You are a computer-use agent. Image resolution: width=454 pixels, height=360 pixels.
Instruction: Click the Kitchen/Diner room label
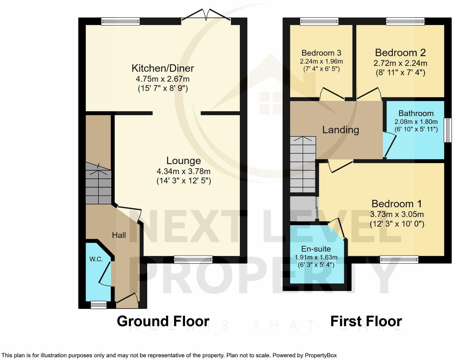coord(163,68)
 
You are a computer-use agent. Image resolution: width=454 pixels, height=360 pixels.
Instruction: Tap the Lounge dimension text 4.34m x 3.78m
coord(183,171)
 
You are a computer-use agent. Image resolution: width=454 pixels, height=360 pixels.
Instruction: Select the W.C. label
coord(96,259)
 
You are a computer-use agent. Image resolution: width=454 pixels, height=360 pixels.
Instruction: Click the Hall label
coord(119,235)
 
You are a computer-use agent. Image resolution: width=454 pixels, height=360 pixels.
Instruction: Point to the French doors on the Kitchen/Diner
coord(206,16)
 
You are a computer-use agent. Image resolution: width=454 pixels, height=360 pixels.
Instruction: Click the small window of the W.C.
coord(99,305)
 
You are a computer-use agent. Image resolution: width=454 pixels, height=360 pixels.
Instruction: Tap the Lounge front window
coord(193,259)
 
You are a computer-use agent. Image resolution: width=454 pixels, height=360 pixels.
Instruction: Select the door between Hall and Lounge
coord(129,212)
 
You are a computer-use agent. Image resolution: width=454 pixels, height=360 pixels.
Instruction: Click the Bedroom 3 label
coord(321,53)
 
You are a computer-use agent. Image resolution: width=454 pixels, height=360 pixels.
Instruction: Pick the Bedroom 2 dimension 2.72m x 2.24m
coord(400,63)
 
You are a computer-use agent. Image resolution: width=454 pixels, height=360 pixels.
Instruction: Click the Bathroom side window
coord(447,130)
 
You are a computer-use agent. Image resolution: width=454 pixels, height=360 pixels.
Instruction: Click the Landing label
coord(340,130)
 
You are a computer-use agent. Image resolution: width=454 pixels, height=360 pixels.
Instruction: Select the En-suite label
coord(316,249)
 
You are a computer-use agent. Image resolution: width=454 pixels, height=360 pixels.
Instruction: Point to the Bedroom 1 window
coord(399,259)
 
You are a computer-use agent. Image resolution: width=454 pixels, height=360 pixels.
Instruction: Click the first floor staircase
coord(302,165)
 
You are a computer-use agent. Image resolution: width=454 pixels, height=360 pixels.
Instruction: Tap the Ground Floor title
coord(163,321)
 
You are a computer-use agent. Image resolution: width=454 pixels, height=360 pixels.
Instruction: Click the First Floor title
coord(366,321)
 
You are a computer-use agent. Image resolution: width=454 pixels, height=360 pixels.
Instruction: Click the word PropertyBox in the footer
coord(320,355)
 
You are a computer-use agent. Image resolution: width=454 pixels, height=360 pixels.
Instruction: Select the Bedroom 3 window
coord(319,21)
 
